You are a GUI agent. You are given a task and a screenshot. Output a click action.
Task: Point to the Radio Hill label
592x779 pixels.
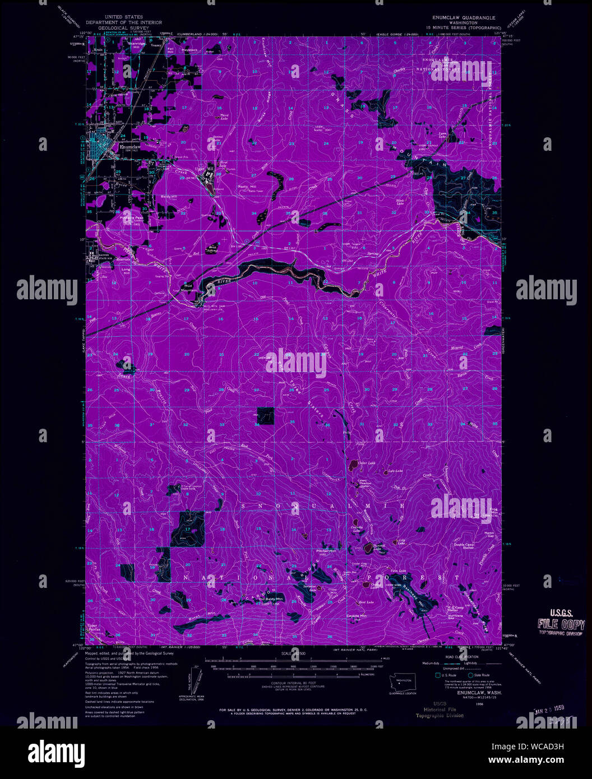247,186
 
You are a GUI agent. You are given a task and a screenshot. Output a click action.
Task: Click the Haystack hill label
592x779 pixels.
190,50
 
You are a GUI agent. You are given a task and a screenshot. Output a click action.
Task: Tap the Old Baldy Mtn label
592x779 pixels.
271,599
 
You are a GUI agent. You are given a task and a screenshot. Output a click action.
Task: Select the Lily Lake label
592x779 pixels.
401,541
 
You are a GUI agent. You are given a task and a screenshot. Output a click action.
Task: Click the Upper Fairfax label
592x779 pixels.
93,629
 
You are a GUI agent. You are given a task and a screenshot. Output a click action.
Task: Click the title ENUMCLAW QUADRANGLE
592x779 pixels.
461,18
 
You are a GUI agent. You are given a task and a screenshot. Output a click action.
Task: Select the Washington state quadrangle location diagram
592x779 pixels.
402,684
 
